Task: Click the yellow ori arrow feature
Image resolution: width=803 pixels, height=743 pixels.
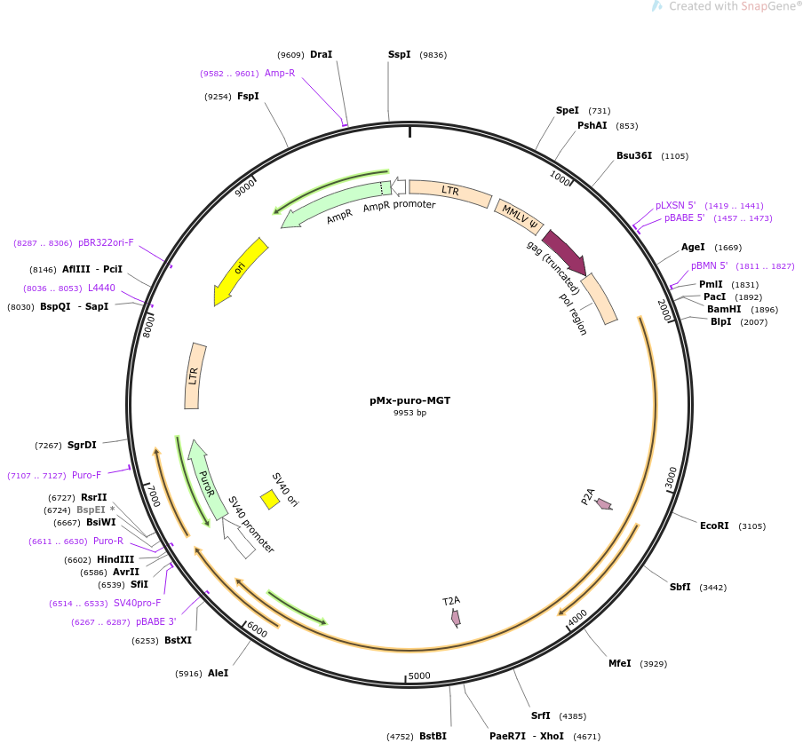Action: click(x=240, y=272)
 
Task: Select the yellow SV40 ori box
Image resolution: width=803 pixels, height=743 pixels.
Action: click(x=270, y=500)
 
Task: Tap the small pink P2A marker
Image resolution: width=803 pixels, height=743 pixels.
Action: click(x=604, y=504)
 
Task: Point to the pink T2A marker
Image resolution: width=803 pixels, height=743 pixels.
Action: click(x=456, y=618)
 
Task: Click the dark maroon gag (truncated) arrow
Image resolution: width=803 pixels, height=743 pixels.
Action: click(x=565, y=252)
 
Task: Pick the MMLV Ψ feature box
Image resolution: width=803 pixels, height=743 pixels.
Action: click(x=519, y=215)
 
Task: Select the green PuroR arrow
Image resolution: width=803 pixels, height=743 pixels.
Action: click(x=207, y=479)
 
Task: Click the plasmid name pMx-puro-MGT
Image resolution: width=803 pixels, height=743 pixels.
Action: click(x=409, y=400)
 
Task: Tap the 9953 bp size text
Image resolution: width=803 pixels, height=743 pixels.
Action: click(x=409, y=413)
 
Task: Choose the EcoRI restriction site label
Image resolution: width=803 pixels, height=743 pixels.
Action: click(x=714, y=526)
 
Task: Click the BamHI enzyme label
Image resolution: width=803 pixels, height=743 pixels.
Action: click(x=724, y=309)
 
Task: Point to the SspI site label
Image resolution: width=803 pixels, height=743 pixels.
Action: click(x=399, y=54)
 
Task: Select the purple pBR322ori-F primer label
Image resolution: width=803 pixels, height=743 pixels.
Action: click(x=106, y=242)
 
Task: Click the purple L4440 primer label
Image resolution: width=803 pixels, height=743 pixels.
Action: click(x=101, y=289)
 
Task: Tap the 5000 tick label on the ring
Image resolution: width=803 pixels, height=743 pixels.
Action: click(x=419, y=676)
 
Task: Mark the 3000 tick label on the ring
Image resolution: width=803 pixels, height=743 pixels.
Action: click(x=671, y=478)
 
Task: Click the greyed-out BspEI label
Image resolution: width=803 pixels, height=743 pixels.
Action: click(x=91, y=510)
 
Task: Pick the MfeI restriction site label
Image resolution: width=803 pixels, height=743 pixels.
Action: click(x=620, y=663)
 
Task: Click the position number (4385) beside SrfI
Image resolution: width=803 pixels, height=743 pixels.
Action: click(x=573, y=716)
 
